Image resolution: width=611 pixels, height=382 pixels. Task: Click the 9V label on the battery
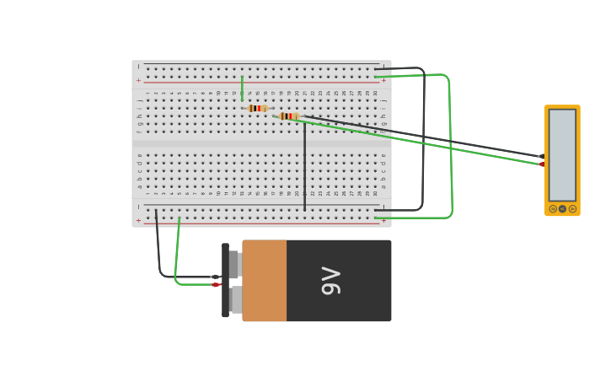[x=331, y=281]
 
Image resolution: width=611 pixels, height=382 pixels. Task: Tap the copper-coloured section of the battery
[x=265, y=281]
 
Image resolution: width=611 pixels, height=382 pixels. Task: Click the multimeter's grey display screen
[x=562, y=155]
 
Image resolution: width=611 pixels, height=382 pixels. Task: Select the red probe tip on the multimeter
[x=542, y=164]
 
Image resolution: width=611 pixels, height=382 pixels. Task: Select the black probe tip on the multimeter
[x=541, y=157]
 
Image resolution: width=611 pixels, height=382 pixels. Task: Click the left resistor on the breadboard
[x=257, y=108]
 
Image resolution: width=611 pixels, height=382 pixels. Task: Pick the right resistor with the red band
[x=288, y=116]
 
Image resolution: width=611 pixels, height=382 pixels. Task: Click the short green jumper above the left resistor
[x=242, y=88]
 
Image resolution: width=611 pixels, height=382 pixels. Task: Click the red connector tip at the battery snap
[x=216, y=285]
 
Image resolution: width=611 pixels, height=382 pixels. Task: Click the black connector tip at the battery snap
[x=215, y=277]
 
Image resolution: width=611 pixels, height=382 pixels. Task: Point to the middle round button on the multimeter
[x=563, y=208]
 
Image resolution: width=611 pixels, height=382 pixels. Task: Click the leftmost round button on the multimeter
[x=553, y=208]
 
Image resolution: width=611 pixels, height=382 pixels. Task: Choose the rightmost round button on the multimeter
[x=573, y=208]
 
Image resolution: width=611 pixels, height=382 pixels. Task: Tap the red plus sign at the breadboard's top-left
[x=139, y=80]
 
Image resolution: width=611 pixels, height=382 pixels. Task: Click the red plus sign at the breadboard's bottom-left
[x=139, y=220]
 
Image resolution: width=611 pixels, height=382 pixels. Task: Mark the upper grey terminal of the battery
[x=234, y=264]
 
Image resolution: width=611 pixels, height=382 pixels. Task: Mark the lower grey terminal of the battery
[x=236, y=299]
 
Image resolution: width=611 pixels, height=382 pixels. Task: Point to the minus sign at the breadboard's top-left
[x=139, y=67]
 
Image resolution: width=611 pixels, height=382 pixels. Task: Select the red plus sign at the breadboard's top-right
[x=384, y=80]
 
